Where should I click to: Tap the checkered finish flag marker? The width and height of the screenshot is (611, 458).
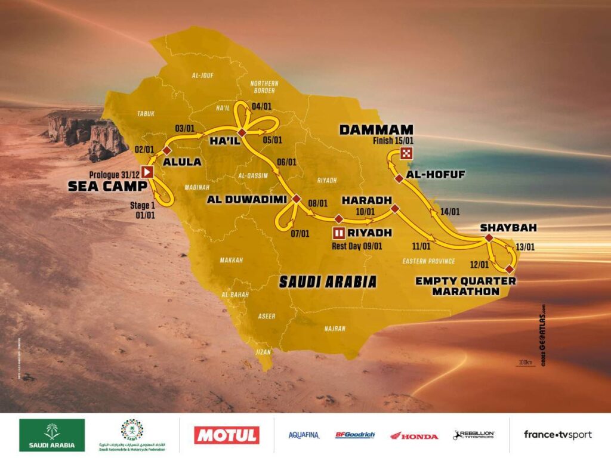(407, 152)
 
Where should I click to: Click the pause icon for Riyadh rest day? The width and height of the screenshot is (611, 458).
(339, 233)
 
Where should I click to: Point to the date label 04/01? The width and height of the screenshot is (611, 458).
(261, 107)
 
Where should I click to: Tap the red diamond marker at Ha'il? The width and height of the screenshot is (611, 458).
(242, 132)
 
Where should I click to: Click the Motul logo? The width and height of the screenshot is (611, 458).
(227, 435)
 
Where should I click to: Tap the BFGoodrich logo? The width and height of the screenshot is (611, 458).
(355, 435)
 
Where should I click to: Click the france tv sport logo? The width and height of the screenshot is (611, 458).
(558, 435)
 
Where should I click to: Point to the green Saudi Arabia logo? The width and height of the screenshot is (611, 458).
(52, 435)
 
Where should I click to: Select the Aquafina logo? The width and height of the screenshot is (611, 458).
(304, 435)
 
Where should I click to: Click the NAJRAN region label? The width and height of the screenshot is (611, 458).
(335, 328)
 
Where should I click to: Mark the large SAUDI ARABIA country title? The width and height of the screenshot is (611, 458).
(329, 281)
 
